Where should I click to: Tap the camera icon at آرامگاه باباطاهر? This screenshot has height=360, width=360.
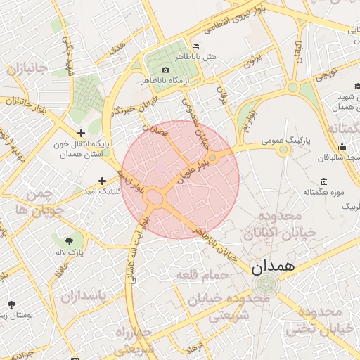165,70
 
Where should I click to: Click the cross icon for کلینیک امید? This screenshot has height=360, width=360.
103,181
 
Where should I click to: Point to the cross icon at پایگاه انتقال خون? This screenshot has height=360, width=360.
81,133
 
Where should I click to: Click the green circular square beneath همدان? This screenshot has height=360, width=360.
266,285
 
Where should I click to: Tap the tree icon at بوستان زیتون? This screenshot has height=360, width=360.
12,304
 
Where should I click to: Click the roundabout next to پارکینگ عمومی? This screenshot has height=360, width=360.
283,150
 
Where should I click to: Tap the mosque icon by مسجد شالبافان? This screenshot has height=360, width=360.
342,146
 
